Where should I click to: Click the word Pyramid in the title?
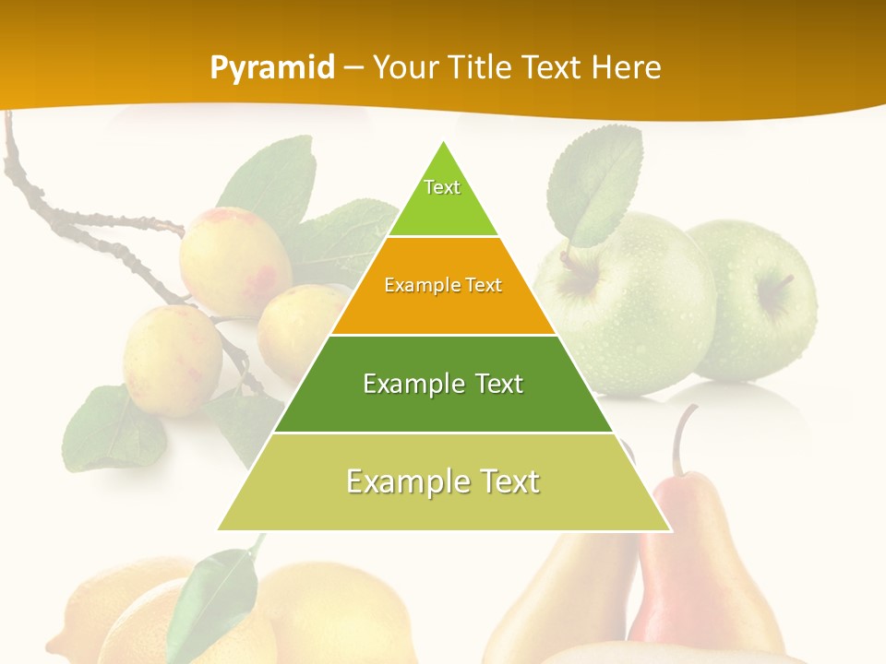click(271, 68)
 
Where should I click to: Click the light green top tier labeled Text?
click(442, 198)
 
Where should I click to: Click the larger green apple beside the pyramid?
click(628, 304)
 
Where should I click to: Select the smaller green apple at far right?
click(757, 295)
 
